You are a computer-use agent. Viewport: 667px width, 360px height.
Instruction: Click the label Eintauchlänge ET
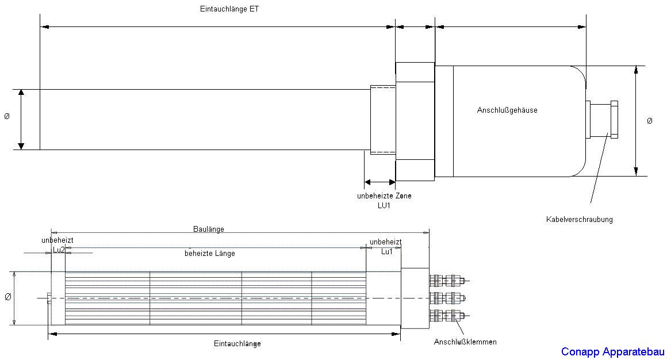click(229, 9)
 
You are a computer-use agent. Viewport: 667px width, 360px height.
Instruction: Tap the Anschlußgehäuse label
click(507, 110)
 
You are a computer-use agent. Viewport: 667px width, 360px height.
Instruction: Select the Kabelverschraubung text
click(580, 220)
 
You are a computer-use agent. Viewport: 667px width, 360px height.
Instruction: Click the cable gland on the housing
click(601, 120)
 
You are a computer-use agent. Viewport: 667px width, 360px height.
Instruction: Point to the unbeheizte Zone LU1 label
click(384, 201)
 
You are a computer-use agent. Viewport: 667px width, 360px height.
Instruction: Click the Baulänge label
click(208, 229)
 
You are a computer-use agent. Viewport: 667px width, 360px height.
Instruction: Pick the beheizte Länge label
click(210, 253)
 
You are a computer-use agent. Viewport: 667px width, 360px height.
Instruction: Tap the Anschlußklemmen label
click(465, 342)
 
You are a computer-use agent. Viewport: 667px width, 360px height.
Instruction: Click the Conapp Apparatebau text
click(612, 352)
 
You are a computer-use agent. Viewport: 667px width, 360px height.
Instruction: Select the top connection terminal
click(449, 281)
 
